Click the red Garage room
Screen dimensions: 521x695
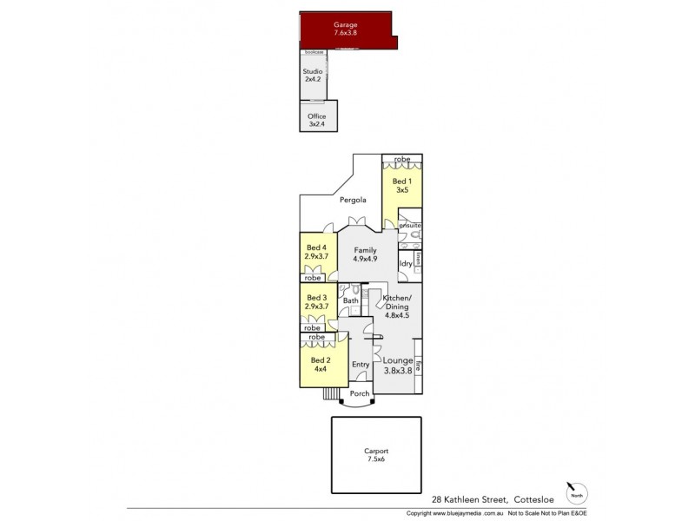(346, 29)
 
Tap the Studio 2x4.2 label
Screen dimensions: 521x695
(313, 76)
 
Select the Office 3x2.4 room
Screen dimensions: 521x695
(317, 120)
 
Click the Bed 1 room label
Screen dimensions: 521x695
(401, 185)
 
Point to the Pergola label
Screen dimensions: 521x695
(352, 201)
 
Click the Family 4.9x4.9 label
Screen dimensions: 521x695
(365, 254)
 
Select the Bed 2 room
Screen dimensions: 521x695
(320, 364)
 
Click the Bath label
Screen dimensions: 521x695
(351, 301)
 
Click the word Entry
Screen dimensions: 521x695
(360, 364)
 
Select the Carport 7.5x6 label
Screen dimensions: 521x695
(377, 456)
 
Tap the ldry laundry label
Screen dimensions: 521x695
(406, 264)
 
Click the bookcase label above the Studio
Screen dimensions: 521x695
(314, 53)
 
